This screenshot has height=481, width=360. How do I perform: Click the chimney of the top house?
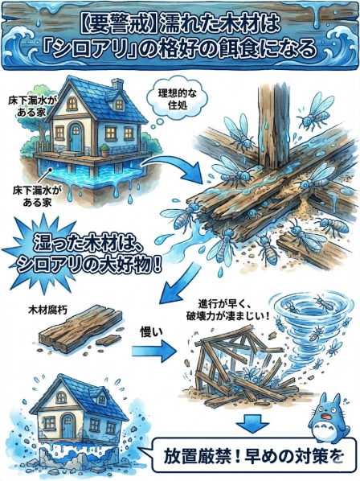tap(117, 84)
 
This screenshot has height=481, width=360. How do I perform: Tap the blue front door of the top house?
tap(76, 139)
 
